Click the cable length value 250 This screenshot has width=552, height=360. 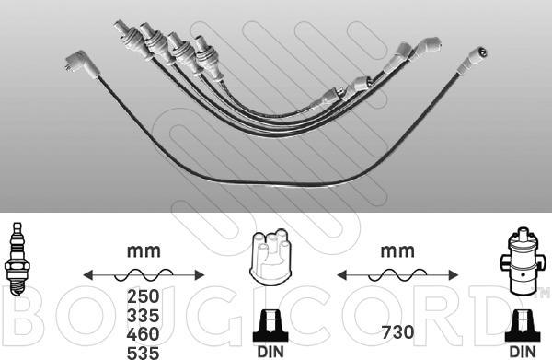click(144, 296)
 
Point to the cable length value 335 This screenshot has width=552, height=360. click(144, 316)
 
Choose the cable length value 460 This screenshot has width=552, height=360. click(144, 334)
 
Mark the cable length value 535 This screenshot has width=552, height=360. click(144, 353)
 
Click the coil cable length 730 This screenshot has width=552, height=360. click(397, 332)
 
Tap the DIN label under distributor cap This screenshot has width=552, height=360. click(270, 352)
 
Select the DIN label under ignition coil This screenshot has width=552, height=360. click(523, 352)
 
